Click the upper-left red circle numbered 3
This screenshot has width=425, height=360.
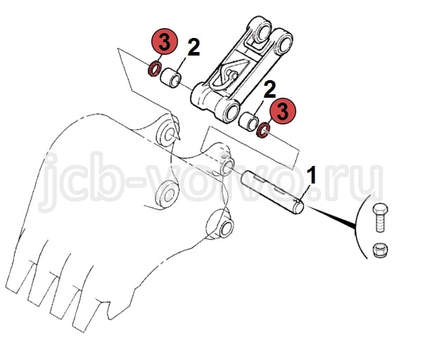tap(164, 41)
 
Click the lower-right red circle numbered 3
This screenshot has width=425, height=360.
tap(283, 111)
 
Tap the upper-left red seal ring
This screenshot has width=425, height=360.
tap(155, 68)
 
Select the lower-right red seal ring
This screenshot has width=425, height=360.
tap(263, 130)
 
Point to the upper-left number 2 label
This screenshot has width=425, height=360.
tap(194, 47)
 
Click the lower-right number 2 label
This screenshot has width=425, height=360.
tap(269, 89)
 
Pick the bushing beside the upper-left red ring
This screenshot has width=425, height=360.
tap(171, 78)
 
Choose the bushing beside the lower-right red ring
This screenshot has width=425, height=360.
tap(248, 121)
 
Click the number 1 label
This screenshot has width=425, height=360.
tap(312, 175)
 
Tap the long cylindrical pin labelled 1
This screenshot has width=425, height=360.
tap(272, 192)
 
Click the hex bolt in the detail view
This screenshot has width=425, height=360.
tap(380, 217)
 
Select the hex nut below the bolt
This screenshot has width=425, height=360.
tap(380, 250)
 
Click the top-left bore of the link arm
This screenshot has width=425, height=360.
tap(262, 30)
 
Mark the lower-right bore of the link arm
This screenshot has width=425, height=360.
tap(231, 110)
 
